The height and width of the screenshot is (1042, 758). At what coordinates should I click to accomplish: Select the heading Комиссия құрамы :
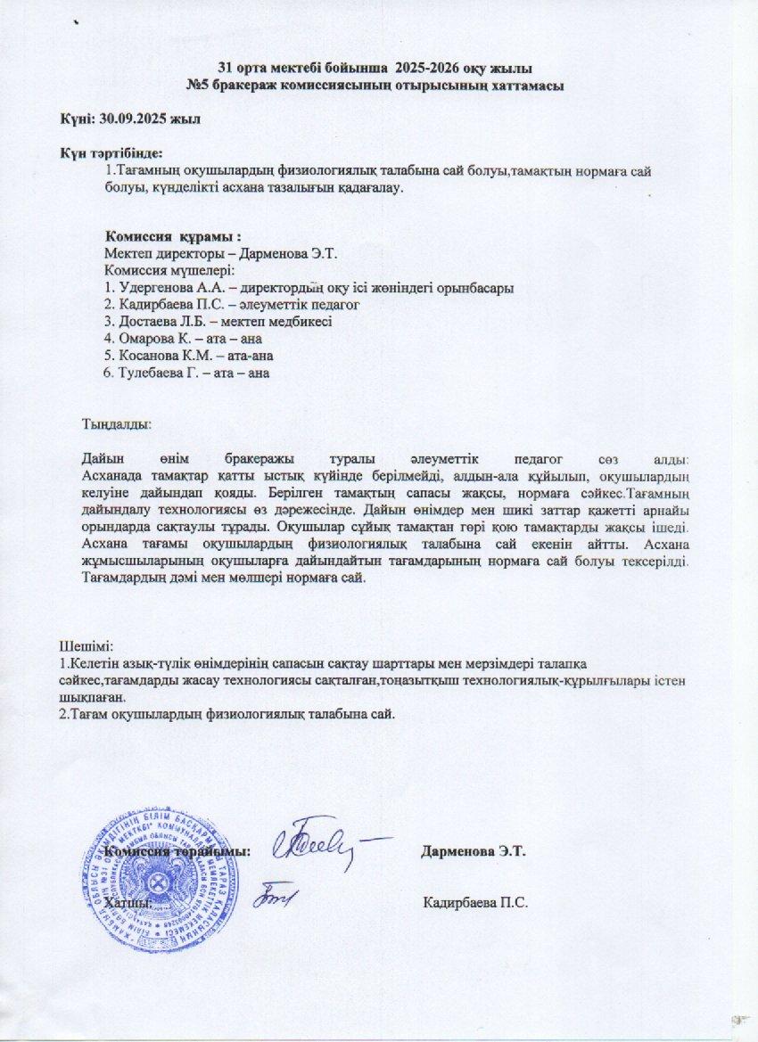[174, 237]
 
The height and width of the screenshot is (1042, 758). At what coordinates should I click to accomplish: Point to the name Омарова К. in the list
[148, 339]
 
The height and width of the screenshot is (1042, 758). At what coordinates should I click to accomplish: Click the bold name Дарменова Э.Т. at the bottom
[474, 850]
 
